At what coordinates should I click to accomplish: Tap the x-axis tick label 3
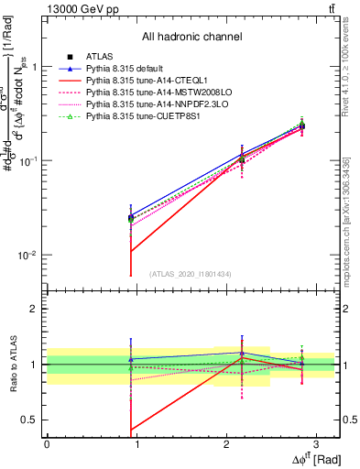[x=315, y=443]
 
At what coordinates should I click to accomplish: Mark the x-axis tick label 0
[x=47, y=443]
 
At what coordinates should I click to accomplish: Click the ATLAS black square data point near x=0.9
[x=131, y=218]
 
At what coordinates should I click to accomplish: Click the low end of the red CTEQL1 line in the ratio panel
[x=131, y=429]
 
